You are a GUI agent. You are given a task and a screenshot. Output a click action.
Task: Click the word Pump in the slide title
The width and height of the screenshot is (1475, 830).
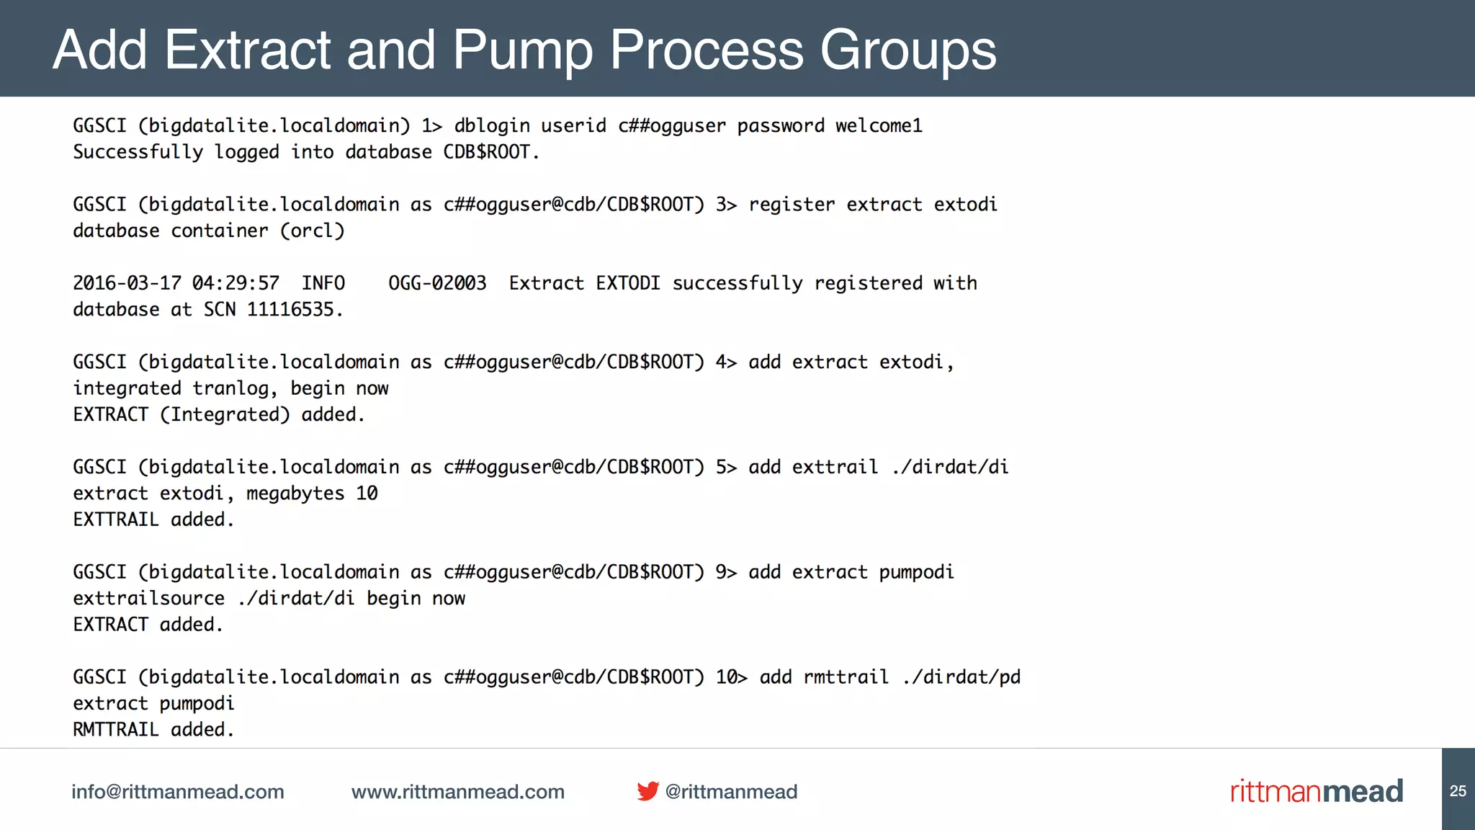[523, 50]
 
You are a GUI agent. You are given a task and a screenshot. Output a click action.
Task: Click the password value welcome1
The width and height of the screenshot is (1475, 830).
[879, 126]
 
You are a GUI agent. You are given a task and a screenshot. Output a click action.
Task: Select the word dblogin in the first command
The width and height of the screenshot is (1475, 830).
[492, 126]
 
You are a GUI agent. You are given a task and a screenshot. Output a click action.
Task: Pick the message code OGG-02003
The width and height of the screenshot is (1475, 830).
[437, 283]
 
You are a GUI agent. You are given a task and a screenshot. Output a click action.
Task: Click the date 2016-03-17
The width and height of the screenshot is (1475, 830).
[127, 283]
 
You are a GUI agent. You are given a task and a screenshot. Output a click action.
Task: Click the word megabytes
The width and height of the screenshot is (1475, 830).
[295, 494]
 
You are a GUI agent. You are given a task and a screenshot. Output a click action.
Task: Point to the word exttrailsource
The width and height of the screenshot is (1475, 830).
[149, 599]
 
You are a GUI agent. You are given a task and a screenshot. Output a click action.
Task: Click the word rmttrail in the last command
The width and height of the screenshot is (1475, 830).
[846, 677]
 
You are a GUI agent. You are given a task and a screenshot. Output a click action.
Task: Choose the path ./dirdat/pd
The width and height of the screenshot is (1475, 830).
[961, 677]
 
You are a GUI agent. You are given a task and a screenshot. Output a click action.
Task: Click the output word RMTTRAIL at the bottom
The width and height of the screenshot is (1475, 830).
[116, 730]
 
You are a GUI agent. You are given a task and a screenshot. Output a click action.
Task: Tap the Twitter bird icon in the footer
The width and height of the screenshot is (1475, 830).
[647, 791]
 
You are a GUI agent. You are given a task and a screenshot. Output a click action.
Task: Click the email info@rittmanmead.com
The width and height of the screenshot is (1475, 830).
[178, 792]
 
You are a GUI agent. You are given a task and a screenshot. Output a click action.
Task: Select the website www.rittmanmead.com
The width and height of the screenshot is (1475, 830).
[458, 792]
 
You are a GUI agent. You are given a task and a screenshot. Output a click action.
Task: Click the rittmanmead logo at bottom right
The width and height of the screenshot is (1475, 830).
[1317, 791]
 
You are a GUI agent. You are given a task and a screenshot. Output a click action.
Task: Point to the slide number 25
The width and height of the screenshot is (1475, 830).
[1458, 791]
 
